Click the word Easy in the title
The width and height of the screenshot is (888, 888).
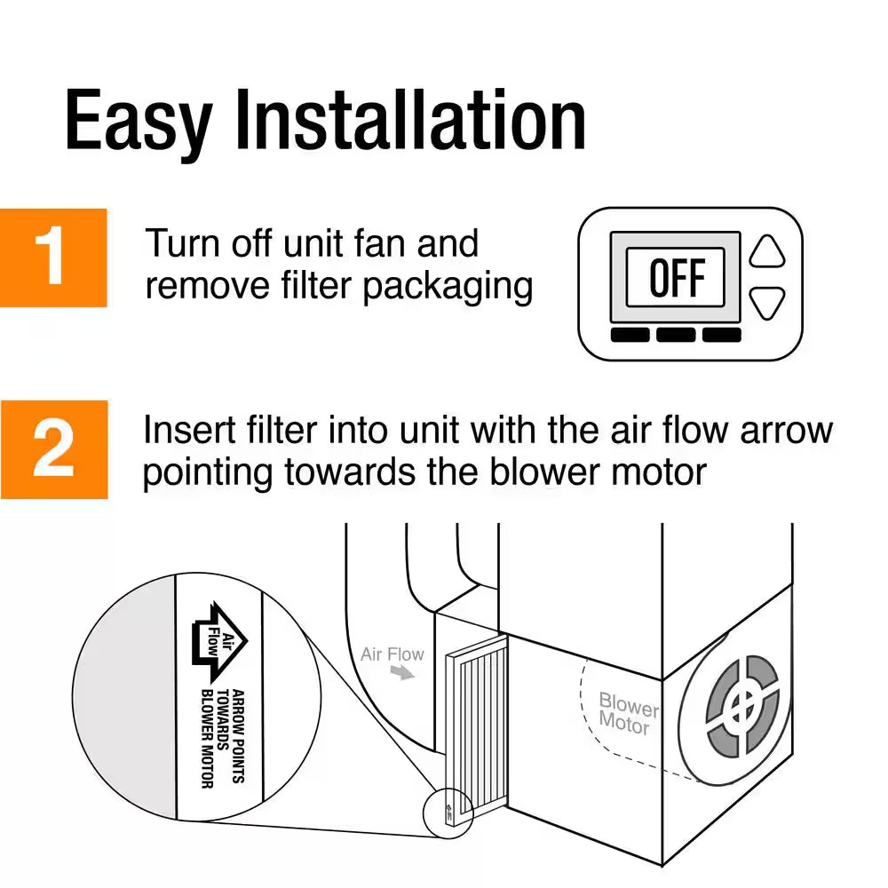point(138,122)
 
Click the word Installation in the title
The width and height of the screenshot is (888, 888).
point(409,122)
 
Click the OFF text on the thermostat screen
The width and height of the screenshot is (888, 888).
point(675,278)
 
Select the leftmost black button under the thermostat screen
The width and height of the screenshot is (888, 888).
point(630,335)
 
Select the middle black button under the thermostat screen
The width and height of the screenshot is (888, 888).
point(677,335)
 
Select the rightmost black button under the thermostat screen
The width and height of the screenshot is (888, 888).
point(722,335)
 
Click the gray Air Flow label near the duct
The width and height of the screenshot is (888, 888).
point(392,654)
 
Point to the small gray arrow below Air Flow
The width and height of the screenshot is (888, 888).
point(404,675)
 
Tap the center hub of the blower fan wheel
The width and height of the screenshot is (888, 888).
point(741,708)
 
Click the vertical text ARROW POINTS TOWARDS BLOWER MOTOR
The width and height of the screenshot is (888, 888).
point(222,737)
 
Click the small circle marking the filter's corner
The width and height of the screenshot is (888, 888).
point(449,809)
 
